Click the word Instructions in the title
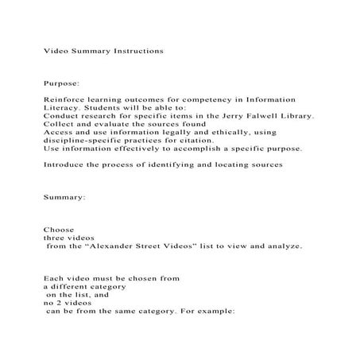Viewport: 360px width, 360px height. [x=135, y=50]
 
